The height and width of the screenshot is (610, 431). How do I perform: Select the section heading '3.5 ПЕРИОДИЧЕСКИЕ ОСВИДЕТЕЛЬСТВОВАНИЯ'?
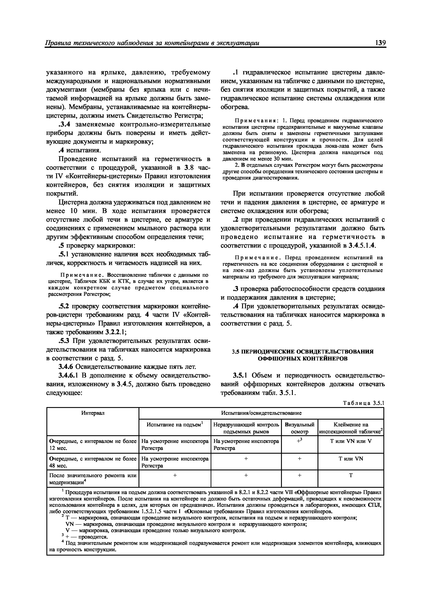(302, 351)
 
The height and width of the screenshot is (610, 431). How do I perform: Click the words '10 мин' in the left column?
(77, 211)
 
